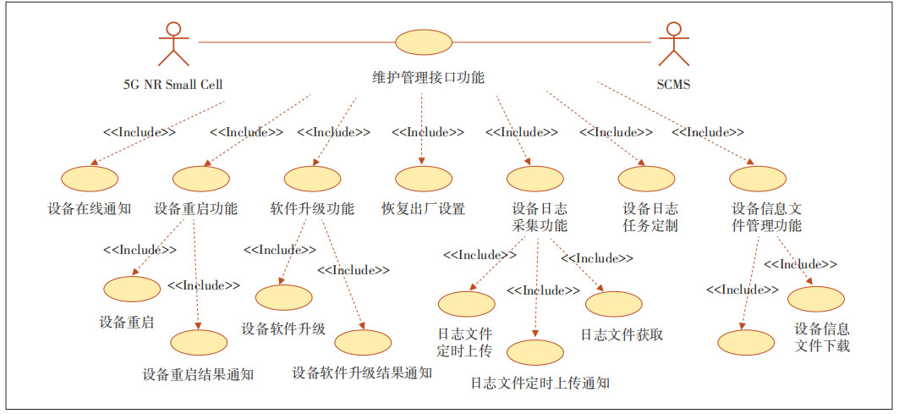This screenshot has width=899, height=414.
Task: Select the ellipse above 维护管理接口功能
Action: [424, 41]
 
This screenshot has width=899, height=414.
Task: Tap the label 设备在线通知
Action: [90, 208]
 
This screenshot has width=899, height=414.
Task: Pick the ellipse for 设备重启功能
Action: [200, 179]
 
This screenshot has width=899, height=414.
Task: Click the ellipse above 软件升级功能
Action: [312, 179]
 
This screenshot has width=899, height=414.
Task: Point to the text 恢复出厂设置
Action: [424, 208]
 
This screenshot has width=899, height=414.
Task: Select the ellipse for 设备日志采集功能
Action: [535, 179]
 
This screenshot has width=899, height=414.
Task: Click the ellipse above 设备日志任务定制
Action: [646, 179]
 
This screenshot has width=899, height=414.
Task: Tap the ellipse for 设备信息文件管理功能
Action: [758, 179]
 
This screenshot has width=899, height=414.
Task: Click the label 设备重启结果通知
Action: [198, 373]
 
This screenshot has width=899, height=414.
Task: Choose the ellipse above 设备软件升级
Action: [284, 297]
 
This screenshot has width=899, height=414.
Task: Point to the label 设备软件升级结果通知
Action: [362, 373]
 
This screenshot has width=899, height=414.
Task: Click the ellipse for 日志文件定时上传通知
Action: [535, 351]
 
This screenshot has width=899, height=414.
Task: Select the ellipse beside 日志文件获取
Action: [613, 304]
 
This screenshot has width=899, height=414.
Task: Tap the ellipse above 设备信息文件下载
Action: [816, 299]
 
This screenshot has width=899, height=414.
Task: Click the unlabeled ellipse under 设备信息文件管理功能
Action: [746, 342]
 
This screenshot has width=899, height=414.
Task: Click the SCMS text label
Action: [674, 85]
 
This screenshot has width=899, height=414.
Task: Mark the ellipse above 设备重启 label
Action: [132, 288]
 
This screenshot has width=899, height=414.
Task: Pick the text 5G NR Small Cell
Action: [173, 85]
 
